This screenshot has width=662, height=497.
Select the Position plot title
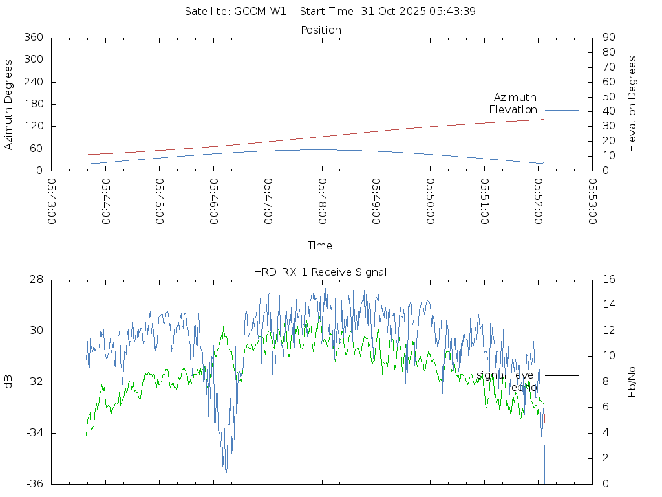[321, 30]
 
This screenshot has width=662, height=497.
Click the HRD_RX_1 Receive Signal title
[320, 272]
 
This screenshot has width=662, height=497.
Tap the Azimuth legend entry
[515, 98]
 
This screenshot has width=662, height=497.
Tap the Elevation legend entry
[513, 110]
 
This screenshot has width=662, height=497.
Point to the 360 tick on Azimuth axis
[33, 38]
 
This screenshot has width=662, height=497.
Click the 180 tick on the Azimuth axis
[33, 104]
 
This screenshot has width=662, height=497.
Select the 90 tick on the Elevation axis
[608, 38]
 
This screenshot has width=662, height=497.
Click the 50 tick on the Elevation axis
[608, 97]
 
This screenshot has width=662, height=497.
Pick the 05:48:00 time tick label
[322, 201]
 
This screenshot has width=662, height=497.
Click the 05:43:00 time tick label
[52, 201]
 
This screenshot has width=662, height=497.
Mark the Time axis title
[320, 246]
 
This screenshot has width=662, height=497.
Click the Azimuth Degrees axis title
[9, 105]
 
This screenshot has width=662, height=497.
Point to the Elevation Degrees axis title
[632, 104]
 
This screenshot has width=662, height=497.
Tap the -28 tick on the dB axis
[35, 280]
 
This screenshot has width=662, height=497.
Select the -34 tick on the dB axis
[35, 433]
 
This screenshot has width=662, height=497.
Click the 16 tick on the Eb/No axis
[608, 280]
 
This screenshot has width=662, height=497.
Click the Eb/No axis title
[632, 382]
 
